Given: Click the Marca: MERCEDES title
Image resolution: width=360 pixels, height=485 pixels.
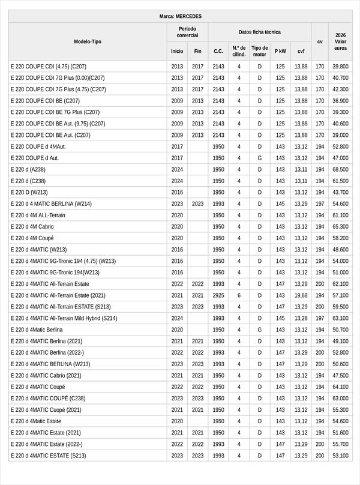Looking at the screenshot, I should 180,16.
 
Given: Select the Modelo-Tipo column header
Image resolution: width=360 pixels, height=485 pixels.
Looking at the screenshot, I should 88,41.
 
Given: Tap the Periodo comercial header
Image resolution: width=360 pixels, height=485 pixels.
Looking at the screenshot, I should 187,32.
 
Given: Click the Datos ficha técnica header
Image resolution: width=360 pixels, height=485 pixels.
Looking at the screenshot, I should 259,32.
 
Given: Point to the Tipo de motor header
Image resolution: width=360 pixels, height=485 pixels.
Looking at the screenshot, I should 260,51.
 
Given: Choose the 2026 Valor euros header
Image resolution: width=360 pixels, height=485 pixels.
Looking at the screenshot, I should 340,41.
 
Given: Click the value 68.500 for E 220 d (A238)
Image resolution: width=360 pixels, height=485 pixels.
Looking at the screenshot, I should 340,169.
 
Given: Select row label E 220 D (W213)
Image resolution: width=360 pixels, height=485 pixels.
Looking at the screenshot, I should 29,192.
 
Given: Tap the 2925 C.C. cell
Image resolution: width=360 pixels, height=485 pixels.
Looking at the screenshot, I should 218,295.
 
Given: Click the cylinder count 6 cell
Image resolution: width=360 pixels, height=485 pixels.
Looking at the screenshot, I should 239,295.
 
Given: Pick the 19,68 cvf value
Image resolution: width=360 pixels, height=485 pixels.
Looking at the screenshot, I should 301,295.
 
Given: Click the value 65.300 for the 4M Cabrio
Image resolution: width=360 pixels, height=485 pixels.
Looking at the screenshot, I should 340,226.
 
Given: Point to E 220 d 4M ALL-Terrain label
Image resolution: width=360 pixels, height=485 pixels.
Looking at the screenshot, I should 38,215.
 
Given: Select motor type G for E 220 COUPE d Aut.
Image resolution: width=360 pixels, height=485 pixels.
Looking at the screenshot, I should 260,158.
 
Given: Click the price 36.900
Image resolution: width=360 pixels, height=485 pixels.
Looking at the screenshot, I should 340,101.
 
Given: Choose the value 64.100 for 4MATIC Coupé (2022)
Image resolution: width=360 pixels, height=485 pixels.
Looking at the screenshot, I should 340,387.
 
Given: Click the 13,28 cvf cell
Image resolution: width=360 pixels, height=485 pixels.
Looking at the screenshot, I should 301,318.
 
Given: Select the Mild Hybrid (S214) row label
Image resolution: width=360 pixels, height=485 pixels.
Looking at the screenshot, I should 64,318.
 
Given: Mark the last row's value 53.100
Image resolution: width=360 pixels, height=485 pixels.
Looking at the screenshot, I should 340,456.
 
